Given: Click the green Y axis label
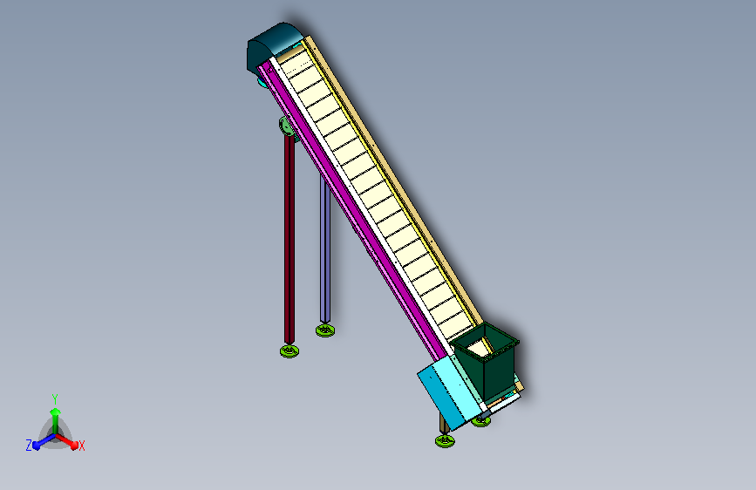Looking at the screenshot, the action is (x=55, y=398).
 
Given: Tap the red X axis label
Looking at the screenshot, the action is (x=81, y=446).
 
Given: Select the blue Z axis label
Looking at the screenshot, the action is (x=29, y=446).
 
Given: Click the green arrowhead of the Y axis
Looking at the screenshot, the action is (x=56, y=412).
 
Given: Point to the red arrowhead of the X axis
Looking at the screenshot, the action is (x=73, y=445).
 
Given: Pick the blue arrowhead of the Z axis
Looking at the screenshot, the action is (x=37, y=445).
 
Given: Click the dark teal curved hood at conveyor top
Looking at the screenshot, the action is (x=274, y=46).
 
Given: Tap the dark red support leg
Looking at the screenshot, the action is (x=289, y=239).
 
